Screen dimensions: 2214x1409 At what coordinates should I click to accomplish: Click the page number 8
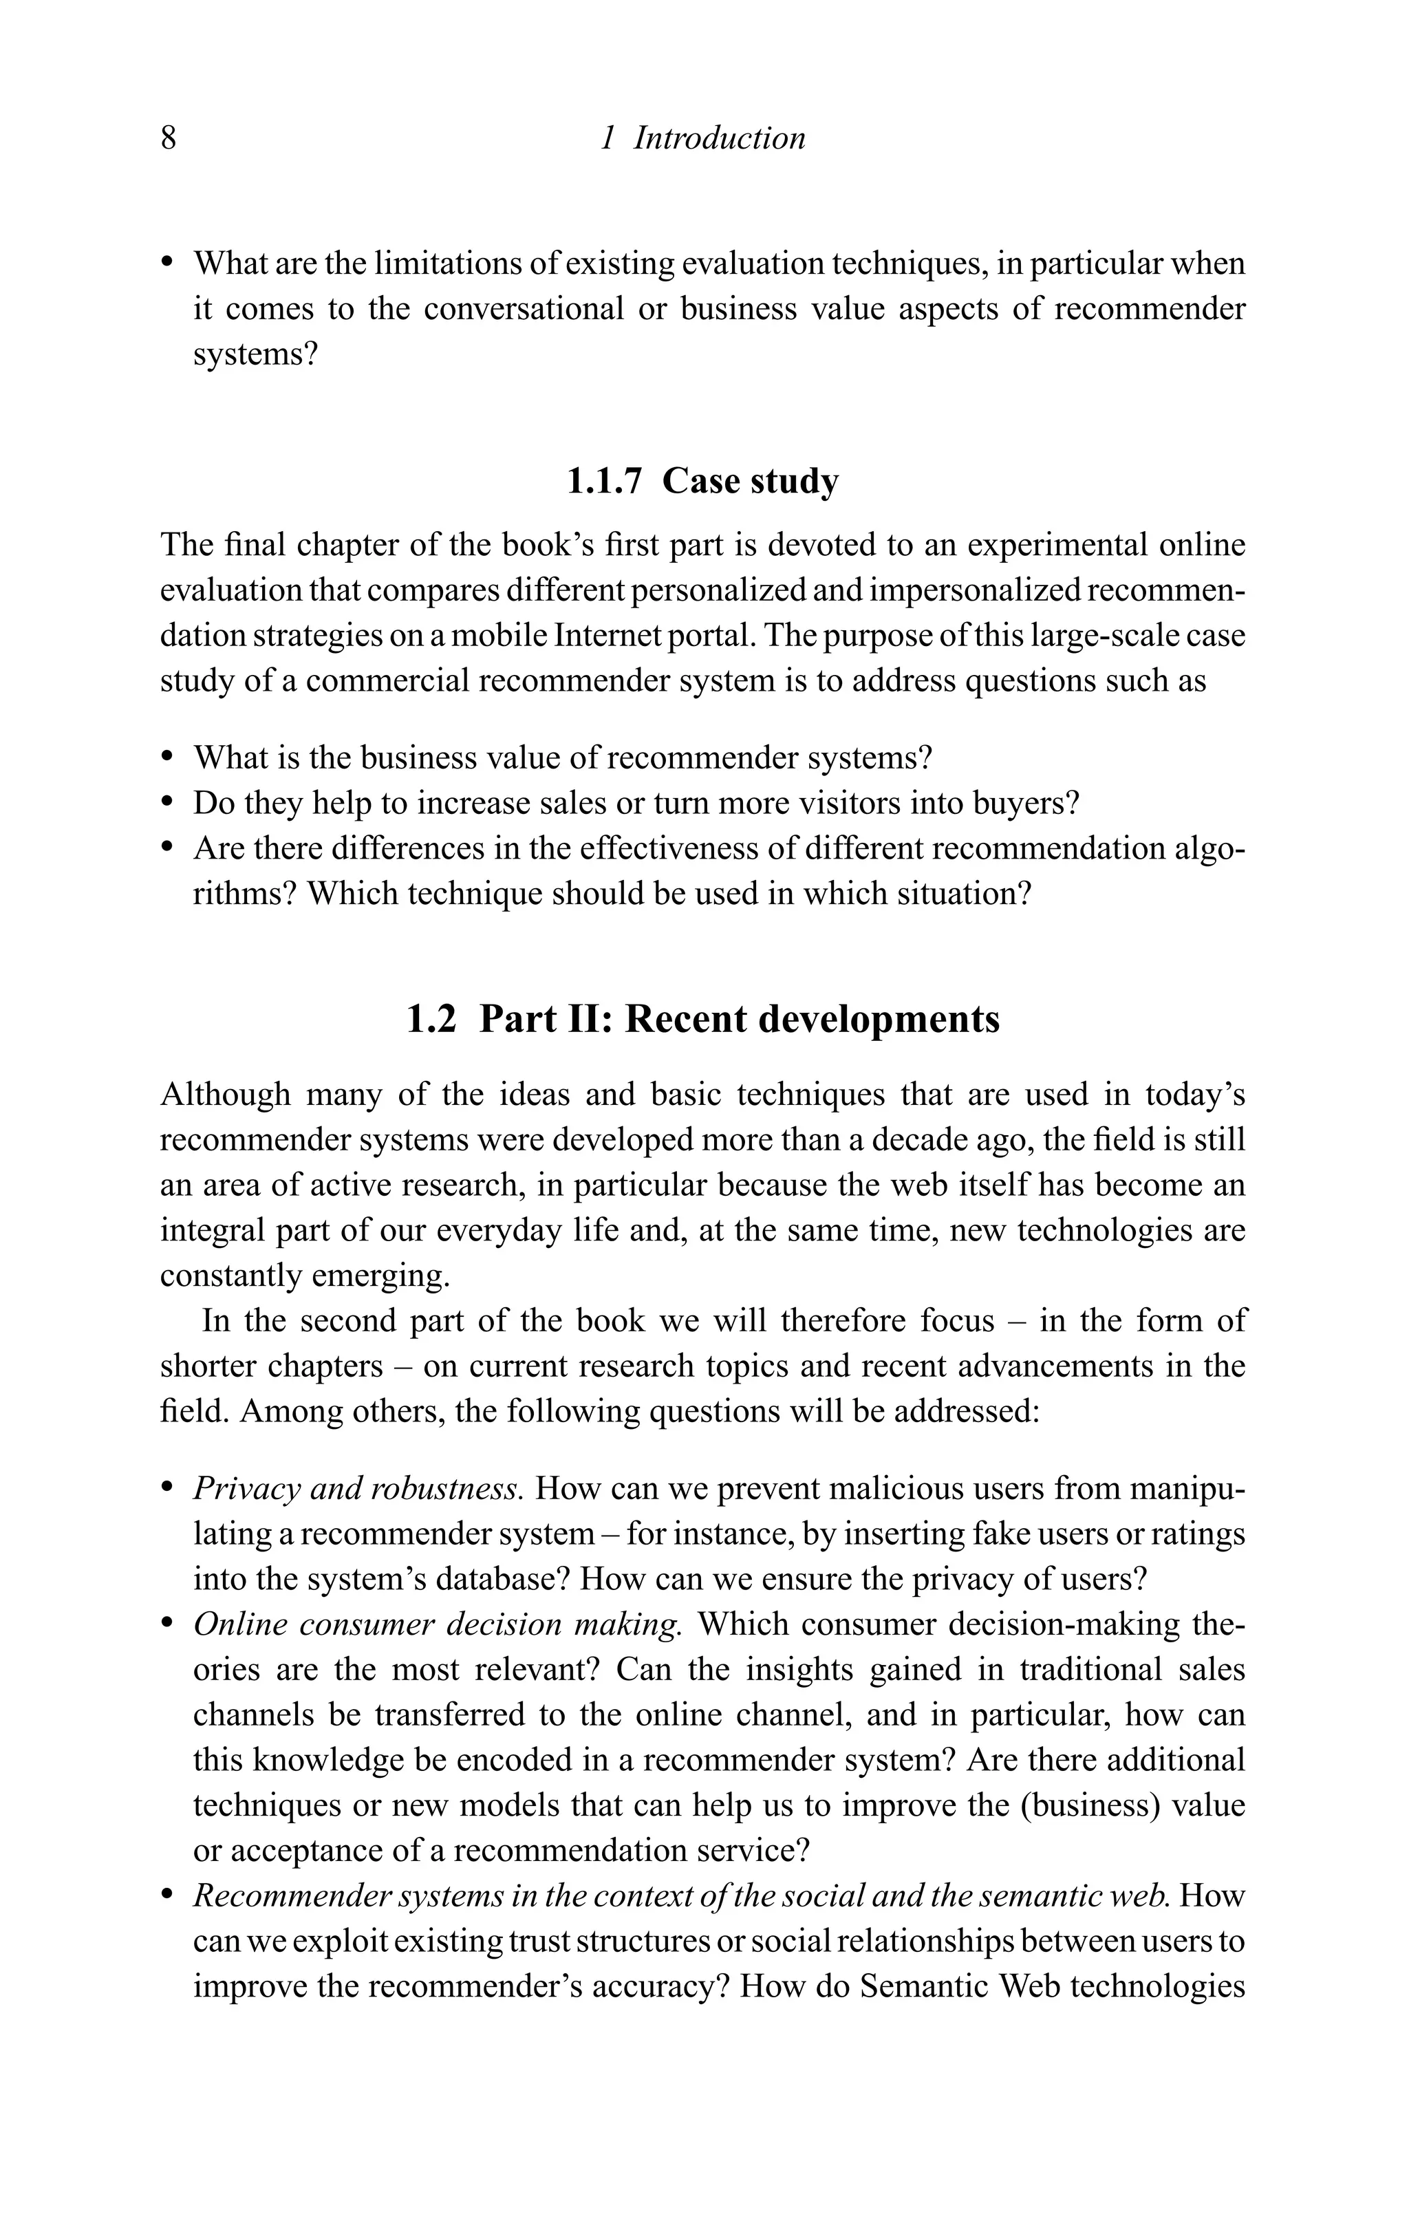click(x=169, y=139)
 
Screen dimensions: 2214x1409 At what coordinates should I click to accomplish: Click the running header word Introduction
click(x=719, y=139)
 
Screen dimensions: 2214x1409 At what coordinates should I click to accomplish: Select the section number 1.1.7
click(x=603, y=481)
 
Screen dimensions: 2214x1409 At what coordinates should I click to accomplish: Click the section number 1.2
click(x=431, y=1020)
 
